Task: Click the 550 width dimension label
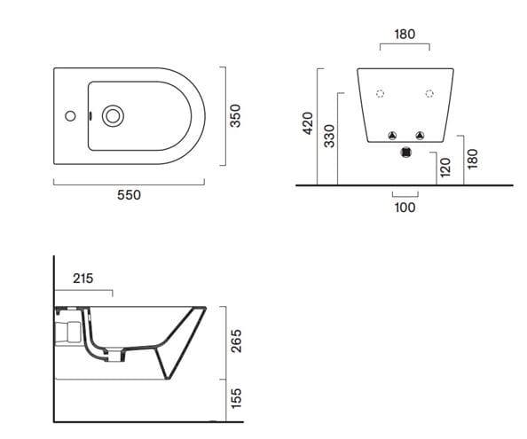click(x=129, y=195)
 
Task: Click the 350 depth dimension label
click(x=235, y=116)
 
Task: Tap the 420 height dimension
click(x=308, y=123)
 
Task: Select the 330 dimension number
click(x=329, y=136)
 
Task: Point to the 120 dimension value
click(x=444, y=168)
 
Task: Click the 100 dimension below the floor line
click(x=405, y=208)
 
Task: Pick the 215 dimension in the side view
click(x=83, y=278)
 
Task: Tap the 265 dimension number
click(x=237, y=341)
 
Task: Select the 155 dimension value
click(x=237, y=398)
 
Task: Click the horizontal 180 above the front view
click(x=405, y=35)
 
